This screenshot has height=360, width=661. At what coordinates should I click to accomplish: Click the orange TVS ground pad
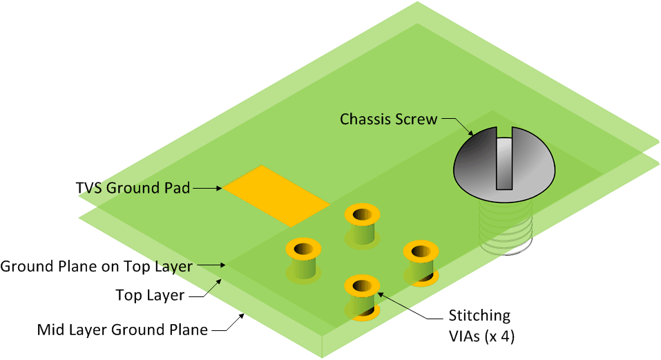(276, 196)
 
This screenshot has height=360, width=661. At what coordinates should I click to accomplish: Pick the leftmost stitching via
(303, 261)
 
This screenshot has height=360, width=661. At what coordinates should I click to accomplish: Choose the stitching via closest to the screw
(421, 263)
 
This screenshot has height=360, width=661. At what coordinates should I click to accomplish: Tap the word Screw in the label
(416, 119)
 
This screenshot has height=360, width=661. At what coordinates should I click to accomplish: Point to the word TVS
(89, 187)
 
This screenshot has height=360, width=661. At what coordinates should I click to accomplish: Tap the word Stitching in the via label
(479, 315)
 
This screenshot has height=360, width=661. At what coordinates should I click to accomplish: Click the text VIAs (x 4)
(481, 337)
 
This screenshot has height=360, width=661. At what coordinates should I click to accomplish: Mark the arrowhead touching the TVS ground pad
(219, 188)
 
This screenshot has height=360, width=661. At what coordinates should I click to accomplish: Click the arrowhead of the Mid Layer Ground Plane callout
(242, 315)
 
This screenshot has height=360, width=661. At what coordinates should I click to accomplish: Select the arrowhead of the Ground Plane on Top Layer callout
(223, 265)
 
